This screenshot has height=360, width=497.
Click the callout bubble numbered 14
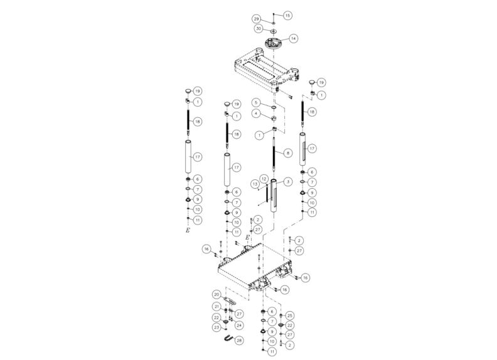click(294, 38)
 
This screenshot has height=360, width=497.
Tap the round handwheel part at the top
click(274, 44)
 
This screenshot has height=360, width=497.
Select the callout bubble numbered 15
click(287, 14)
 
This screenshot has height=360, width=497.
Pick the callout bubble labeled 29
click(257, 19)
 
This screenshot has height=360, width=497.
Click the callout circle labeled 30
click(258, 29)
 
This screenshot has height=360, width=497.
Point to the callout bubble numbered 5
click(256, 102)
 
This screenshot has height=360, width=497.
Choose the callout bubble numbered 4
click(256, 113)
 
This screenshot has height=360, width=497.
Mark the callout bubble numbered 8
click(288, 152)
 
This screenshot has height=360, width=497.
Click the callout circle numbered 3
click(288, 181)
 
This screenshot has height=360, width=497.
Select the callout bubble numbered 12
click(265, 179)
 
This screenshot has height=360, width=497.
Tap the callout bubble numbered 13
click(255, 184)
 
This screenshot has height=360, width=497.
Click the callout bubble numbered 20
click(216, 294)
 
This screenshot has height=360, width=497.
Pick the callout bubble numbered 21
click(216, 306)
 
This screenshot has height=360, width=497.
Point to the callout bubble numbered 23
click(216, 327)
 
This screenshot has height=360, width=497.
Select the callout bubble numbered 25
click(290, 315)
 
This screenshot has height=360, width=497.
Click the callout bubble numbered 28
click(239, 339)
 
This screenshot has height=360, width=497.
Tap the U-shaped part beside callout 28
click(227, 339)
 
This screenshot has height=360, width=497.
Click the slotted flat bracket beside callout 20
click(230, 300)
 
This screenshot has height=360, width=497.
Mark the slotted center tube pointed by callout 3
click(275, 198)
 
